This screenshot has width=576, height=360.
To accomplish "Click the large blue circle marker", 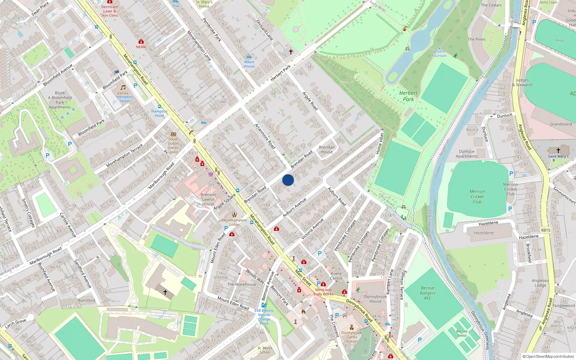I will (x=288, y=180).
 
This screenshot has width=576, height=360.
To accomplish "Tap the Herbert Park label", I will (x=408, y=96).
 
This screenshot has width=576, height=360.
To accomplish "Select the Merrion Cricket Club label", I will (x=477, y=197).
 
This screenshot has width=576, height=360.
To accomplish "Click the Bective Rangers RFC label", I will (x=428, y=293).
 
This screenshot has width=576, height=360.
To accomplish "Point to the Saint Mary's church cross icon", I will (x=558, y=150).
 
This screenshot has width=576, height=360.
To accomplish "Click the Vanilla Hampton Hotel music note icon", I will (x=123, y=87).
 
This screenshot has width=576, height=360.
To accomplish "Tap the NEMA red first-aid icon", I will (x=141, y=42).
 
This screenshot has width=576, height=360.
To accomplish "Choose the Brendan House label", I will (x=327, y=149).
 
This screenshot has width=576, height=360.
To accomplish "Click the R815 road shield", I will (x=545, y=230).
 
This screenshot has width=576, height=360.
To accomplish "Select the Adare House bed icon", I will (x=249, y=57).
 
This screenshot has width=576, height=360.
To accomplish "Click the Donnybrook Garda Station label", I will (x=352, y=337).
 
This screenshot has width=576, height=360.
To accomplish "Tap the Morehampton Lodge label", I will (x=234, y=222).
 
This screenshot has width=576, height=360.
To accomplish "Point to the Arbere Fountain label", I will (x=439, y=54).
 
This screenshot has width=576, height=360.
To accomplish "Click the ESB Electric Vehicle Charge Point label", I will (x=264, y=317).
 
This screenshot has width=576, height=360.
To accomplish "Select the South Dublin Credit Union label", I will (x=173, y=145).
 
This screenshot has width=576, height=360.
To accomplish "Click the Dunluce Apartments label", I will (x=467, y=154).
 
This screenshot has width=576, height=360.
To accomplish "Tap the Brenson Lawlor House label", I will (x=208, y=199).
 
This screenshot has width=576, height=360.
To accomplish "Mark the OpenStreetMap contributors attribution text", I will (x=548, y=356).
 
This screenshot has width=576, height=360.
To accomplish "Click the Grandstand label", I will (x=561, y=124).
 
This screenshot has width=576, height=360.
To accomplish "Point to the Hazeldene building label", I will (x=484, y=233).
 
